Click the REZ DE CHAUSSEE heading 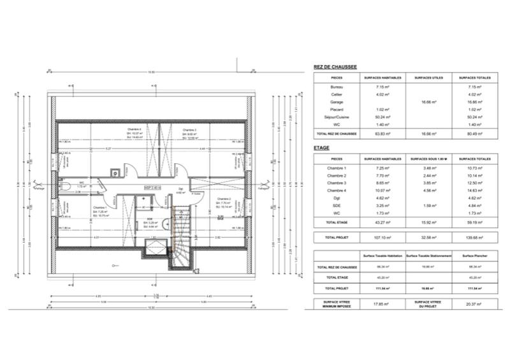coord(335,66)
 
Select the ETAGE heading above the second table coord(321,147)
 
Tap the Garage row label coord(337,102)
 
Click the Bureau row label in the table coord(337,87)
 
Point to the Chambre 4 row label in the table coord(337,191)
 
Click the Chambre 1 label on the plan coord(99,208)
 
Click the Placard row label coord(337,110)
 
